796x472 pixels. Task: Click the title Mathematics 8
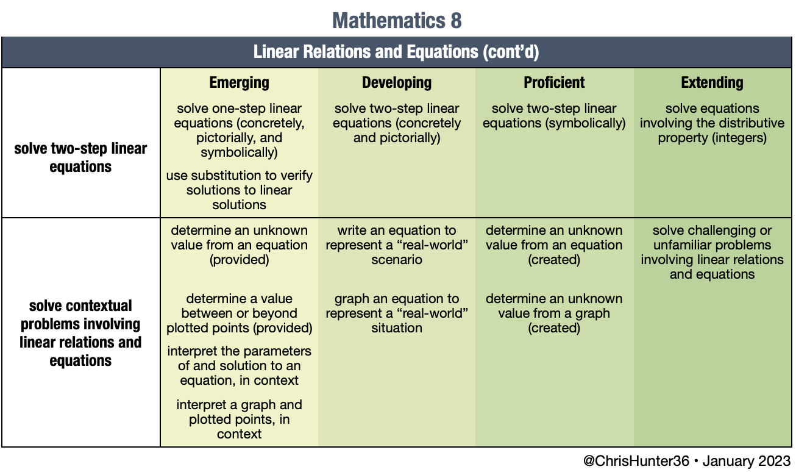[x=397, y=21]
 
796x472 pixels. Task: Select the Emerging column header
[x=239, y=82]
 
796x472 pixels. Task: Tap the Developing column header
[x=397, y=83]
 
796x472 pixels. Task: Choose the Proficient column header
[x=554, y=82]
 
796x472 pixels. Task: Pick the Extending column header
[x=712, y=83]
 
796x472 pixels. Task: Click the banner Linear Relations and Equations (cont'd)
[x=396, y=52]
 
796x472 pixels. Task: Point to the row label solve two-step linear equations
[x=80, y=157]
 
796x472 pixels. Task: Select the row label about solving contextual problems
[x=80, y=333]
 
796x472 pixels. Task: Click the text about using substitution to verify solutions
[x=239, y=190]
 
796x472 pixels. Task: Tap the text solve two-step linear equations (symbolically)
[x=554, y=116]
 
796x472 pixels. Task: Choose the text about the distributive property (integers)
[x=712, y=123]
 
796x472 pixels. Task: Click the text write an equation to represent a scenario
[x=397, y=245]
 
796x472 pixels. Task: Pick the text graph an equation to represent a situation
[x=397, y=313]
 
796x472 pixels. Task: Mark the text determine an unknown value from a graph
[x=554, y=313]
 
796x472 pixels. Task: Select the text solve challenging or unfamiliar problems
[x=712, y=252]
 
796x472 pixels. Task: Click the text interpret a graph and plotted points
[x=239, y=420]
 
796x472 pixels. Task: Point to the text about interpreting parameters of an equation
[x=239, y=366]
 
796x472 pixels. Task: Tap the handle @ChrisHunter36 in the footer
[x=636, y=461]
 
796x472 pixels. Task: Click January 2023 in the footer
[x=747, y=461]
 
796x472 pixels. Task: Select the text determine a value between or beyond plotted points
[x=239, y=313]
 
